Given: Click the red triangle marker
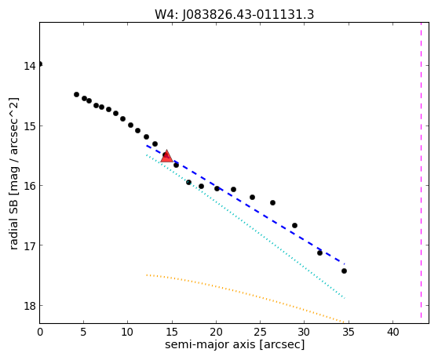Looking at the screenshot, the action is [x=166, y=156].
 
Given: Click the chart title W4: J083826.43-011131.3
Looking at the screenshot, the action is [x=235, y=15].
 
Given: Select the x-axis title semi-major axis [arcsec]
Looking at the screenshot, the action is [x=235, y=344].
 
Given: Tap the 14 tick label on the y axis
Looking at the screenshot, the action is [x=29, y=66].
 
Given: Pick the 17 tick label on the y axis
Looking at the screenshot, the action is [x=29, y=246].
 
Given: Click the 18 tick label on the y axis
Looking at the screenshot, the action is [x=29, y=306].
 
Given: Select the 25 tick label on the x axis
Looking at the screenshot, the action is [x=260, y=332].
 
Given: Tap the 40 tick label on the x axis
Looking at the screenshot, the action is [x=392, y=332].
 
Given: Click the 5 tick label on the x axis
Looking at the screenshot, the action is [x=83, y=332].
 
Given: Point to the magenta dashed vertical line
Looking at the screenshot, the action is [x=421, y=170].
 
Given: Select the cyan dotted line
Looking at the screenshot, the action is [x=246, y=227].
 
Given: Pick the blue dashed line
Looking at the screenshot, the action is [x=246, y=205].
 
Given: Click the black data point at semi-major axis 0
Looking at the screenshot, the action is [x=40, y=64].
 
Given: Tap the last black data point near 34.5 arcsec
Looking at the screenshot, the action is [x=344, y=271].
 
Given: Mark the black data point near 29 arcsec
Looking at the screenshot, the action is [x=294, y=225].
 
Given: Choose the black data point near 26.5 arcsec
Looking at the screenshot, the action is [x=272, y=202].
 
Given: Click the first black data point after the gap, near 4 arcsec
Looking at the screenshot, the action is [x=76, y=95].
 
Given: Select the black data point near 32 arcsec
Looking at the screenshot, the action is [x=319, y=253].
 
